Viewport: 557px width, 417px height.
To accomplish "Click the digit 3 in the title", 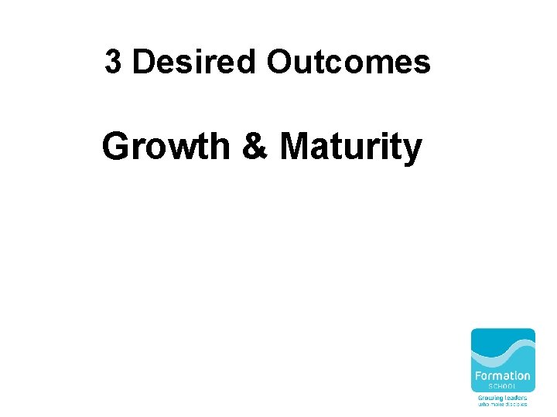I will point(113,63).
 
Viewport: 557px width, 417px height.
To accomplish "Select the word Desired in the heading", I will point(193,63).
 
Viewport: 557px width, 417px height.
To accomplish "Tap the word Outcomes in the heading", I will point(348,63).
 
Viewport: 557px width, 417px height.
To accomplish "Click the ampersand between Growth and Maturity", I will point(254,147).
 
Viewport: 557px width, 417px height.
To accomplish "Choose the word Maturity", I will point(350,147).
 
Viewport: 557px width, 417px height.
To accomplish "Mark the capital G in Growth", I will point(115,147).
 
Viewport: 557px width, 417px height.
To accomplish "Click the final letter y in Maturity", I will point(412,151).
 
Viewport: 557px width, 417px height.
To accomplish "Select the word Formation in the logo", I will point(503,376).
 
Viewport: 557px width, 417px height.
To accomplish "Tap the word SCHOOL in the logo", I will point(503,387).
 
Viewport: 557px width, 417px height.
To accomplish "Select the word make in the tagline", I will point(496,404).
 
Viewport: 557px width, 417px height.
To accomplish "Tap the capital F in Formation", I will point(478,376).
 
